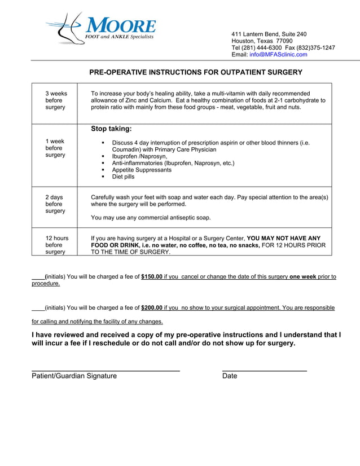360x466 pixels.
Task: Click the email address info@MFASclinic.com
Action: [278, 55]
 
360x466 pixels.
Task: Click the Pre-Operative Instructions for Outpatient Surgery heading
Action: [196, 72]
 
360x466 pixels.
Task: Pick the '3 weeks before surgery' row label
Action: [55, 100]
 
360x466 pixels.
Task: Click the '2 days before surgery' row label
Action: [55, 204]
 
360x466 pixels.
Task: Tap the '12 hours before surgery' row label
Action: [56, 245]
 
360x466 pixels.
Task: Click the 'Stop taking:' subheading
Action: [111, 129]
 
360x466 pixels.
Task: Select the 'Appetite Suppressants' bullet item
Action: [142, 170]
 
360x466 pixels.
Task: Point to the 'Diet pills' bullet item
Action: [123, 177]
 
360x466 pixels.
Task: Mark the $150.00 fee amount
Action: [152, 277]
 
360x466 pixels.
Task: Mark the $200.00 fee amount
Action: [152, 308]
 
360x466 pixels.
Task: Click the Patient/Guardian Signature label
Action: [74, 376]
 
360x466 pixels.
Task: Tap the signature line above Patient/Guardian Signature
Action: [106, 371]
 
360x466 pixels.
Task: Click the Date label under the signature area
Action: [230, 376]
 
